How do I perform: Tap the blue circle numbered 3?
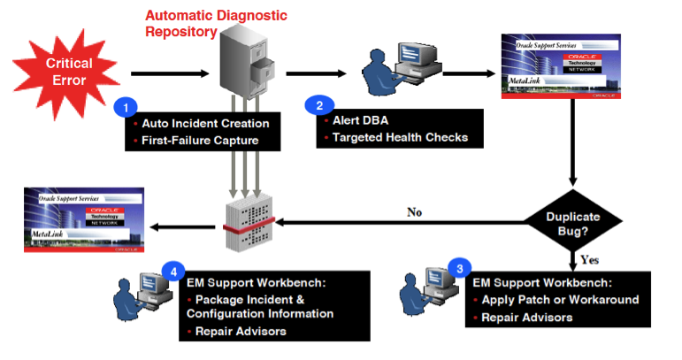point(456,266)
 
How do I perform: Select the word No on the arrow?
point(415,212)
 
